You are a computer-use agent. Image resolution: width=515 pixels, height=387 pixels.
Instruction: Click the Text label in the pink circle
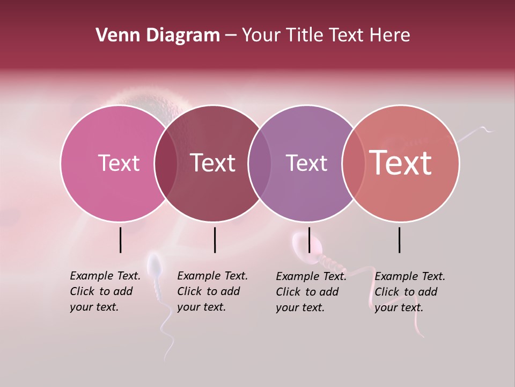pos(119,163)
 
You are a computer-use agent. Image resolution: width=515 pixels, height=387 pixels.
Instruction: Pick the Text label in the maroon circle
pos(213,163)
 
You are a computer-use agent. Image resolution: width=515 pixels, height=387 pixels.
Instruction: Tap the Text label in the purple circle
pos(306,163)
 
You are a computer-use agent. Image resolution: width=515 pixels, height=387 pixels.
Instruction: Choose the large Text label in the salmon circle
pos(401,163)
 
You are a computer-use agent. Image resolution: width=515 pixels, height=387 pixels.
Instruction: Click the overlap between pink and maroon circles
pos(166,163)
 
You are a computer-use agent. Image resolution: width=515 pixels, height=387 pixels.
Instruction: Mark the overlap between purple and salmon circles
pos(353,163)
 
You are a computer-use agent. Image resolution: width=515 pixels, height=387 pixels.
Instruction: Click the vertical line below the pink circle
pos(121,240)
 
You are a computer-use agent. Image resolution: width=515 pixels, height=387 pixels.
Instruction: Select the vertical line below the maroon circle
pos(215,240)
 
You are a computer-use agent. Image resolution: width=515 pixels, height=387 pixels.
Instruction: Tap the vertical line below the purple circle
pos(309,240)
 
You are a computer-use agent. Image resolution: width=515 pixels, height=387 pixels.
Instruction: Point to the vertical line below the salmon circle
pos(400,240)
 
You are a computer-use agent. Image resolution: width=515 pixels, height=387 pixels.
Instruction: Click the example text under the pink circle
pos(105,291)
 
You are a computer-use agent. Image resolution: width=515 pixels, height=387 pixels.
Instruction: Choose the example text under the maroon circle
pos(212,291)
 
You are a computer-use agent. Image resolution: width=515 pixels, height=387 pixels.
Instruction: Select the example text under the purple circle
pos(311,291)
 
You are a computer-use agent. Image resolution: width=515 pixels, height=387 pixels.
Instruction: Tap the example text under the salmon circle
pos(409,291)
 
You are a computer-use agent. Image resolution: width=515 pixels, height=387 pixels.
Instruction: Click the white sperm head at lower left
pos(154,265)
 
